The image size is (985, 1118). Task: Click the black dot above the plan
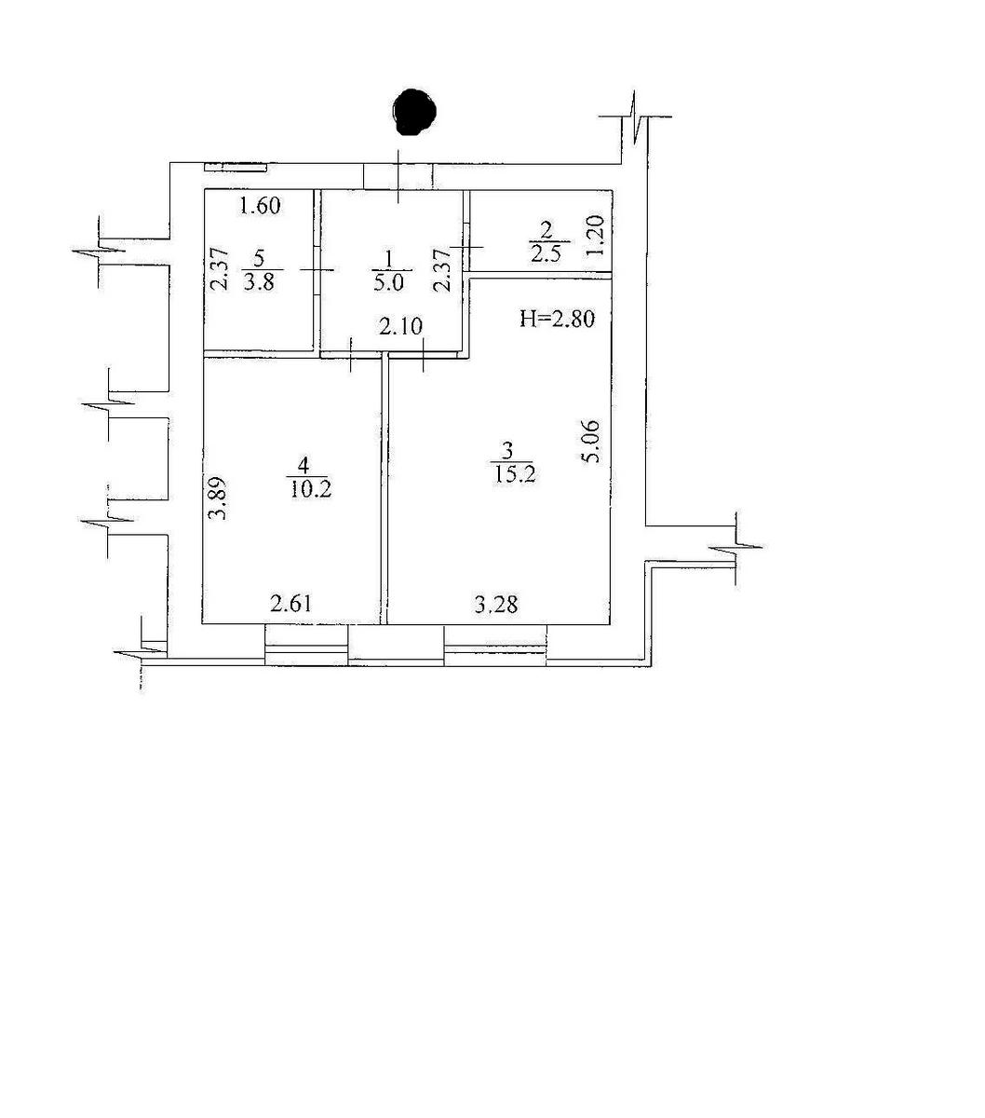click(414, 112)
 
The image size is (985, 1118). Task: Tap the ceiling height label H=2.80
click(557, 320)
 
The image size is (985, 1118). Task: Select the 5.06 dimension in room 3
click(590, 442)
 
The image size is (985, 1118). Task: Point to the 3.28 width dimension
click(496, 606)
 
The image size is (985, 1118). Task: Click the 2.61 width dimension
click(291, 604)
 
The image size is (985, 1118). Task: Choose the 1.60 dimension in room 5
click(261, 207)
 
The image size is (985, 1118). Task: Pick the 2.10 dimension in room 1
click(401, 326)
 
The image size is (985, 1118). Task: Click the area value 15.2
click(515, 474)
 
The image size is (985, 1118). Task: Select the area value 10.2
click(311, 489)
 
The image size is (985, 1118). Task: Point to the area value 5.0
click(389, 282)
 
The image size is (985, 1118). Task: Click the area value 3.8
click(260, 282)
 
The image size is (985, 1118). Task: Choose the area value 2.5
click(546, 254)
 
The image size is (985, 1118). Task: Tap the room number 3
click(507, 451)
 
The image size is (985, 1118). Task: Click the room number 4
click(303, 465)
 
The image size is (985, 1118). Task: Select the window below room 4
click(306, 645)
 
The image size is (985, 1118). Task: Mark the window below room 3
click(495, 645)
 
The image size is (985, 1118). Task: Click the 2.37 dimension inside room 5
click(220, 268)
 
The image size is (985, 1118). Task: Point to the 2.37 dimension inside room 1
click(442, 268)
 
